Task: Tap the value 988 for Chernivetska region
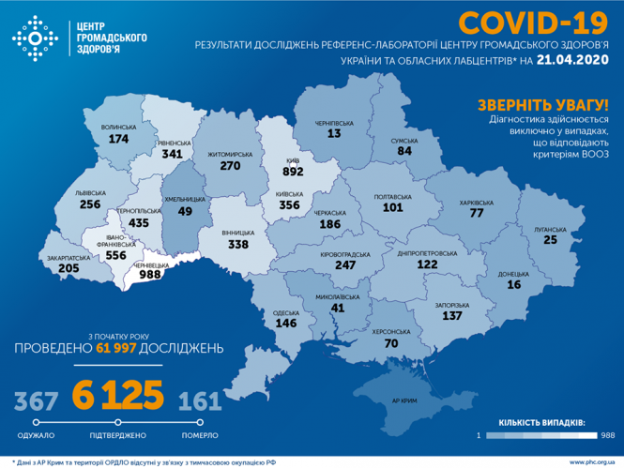(149, 277)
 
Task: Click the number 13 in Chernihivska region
(333, 134)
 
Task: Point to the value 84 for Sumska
(403, 151)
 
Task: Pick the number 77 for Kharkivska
(476, 213)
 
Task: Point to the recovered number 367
(32, 402)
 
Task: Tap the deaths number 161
(200, 402)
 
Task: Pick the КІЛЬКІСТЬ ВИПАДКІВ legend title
(542, 424)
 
